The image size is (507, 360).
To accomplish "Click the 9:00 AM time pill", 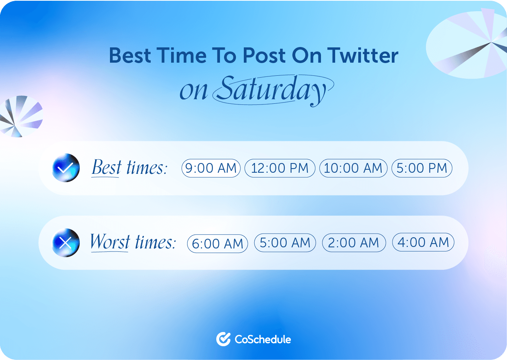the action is (x=211, y=168).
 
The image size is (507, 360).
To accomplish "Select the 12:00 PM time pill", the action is (x=280, y=168).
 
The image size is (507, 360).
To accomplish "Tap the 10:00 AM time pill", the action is (x=353, y=168).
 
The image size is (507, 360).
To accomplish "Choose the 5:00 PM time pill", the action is (x=422, y=168).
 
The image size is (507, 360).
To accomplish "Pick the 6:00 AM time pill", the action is (x=217, y=244).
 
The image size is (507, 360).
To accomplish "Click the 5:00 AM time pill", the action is (x=285, y=242).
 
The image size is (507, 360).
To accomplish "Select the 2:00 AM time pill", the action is (x=354, y=242).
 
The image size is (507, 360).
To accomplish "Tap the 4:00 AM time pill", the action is (x=423, y=242).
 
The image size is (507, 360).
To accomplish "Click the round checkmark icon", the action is (x=66, y=168).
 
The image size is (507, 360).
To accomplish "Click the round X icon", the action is (x=66, y=242).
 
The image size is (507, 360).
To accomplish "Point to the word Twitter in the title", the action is (x=363, y=56).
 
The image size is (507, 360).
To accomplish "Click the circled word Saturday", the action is (x=273, y=90).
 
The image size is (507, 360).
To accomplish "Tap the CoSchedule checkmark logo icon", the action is (x=223, y=339).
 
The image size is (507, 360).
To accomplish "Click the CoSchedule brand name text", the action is (x=263, y=339).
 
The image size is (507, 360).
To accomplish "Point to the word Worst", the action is (x=110, y=242).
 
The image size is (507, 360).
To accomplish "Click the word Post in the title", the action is (x=264, y=56).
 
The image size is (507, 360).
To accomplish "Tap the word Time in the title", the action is (x=181, y=56).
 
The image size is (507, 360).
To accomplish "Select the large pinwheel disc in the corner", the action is (x=467, y=44).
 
